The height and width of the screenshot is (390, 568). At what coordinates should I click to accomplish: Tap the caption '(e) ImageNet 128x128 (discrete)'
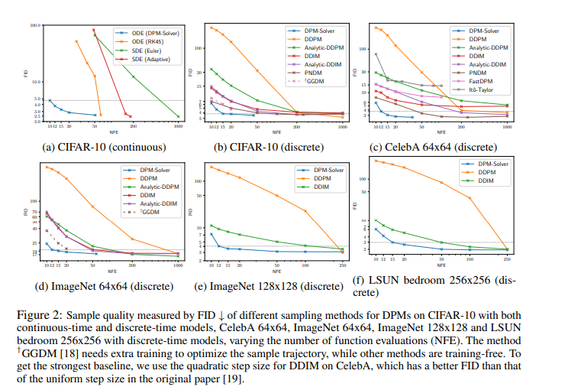pos(273,287)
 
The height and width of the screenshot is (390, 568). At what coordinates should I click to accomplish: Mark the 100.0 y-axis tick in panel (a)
pos(34,26)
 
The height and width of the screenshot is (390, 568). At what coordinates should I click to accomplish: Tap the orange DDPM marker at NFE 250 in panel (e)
pos(343,249)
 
